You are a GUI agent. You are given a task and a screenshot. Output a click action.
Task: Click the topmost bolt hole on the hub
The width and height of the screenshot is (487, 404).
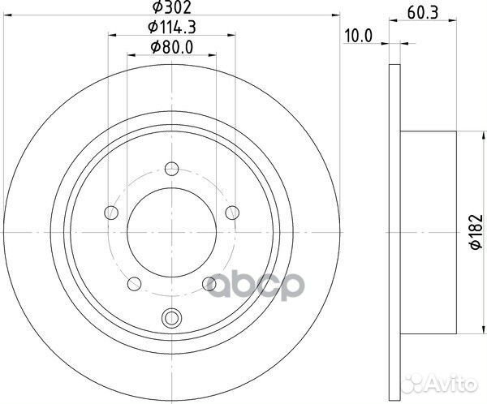pos(170,169)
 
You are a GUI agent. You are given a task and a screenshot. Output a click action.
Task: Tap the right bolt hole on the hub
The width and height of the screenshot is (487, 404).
pos(232,213)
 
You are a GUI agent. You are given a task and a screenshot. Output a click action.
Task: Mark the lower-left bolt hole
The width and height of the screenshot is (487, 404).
pos(134,283)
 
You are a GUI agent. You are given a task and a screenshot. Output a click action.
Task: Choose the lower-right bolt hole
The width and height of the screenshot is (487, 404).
pos(209,283)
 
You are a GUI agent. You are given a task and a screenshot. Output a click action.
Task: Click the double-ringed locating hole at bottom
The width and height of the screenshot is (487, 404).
pos(170,317)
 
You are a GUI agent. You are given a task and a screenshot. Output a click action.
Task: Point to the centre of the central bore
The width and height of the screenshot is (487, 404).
pos(171,232)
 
